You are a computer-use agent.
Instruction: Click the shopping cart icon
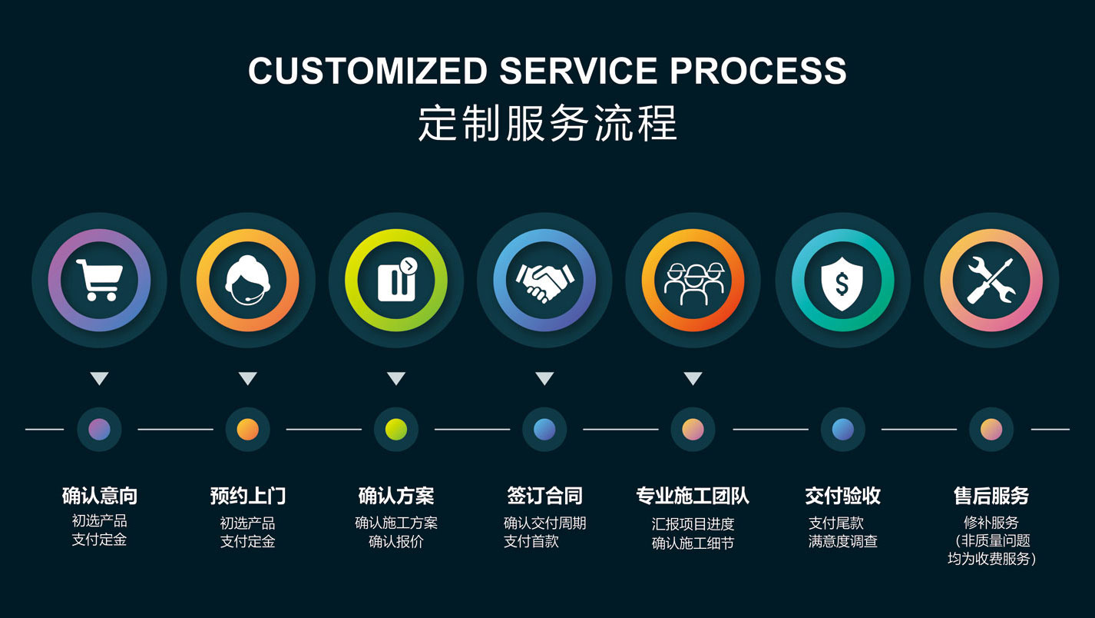click(x=99, y=281)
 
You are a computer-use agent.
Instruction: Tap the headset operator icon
click(x=247, y=281)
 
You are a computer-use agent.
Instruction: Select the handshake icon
click(x=544, y=281)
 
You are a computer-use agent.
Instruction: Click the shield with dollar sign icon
click(x=842, y=281)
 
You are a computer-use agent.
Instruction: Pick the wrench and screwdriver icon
click(x=991, y=281)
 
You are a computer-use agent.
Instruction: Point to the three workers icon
click(x=693, y=281)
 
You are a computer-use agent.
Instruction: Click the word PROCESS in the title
click(x=758, y=71)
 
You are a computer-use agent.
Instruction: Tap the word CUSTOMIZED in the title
click(x=367, y=71)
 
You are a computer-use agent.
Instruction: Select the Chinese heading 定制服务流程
click(x=547, y=123)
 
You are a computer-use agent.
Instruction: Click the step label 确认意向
click(x=99, y=496)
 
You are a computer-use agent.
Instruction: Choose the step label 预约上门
click(x=247, y=496)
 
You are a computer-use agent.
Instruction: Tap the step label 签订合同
click(x=544, y=496)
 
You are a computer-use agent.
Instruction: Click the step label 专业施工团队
click(x=693, y=496)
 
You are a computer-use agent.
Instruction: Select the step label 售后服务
click(x=991, y=496)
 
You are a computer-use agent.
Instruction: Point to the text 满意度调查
click(x=842, y=541)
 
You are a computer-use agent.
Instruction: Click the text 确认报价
click(x=395, y=541)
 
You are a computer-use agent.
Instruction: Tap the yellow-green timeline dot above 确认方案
click(x=396, y=429)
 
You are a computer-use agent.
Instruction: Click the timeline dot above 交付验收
click(x=842, y=429)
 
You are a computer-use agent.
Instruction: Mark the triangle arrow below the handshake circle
click(x=544, y=378)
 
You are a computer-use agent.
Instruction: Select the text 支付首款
click(x=531, y=541)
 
